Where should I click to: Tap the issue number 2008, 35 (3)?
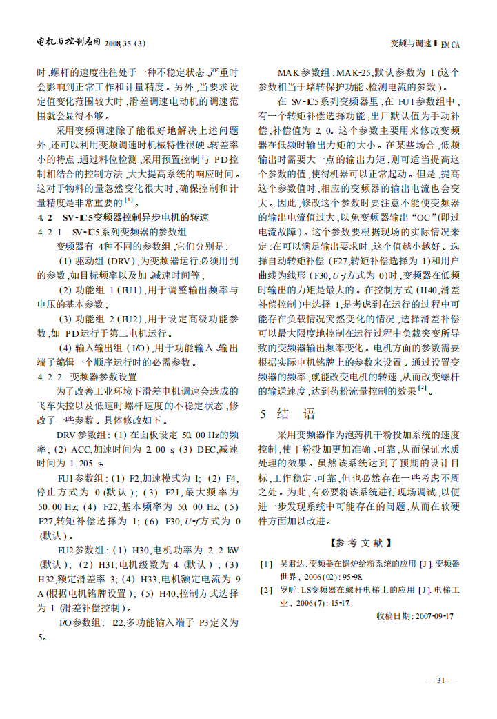pos(127,43)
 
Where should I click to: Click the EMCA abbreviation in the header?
pos(450,43)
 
